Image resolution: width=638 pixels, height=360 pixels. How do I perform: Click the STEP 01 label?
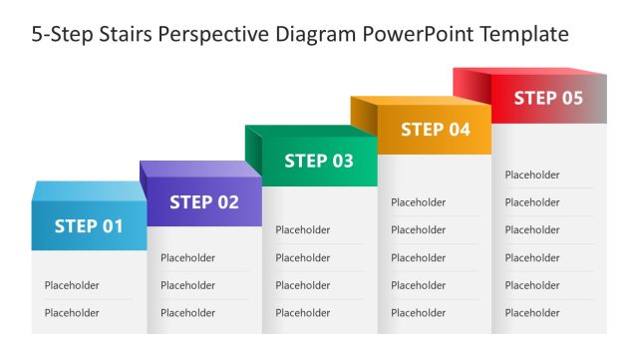click(89, 226)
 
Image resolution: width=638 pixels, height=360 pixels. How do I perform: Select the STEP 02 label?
click(204, 202)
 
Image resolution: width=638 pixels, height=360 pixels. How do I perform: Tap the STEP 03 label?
click(319, 161)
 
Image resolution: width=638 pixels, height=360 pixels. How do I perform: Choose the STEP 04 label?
click(435, 130)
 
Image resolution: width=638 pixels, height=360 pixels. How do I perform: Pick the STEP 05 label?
click(548, 98)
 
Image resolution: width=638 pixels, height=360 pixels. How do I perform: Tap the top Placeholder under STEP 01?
click(72, 285)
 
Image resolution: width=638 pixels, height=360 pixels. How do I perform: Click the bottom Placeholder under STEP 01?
click(72, 313)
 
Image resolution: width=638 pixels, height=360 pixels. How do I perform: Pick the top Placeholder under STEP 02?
click(187, 257)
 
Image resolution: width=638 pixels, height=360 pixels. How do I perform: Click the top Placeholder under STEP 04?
click(419, 202)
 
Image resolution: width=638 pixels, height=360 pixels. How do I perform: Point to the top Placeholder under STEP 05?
click(532, 176)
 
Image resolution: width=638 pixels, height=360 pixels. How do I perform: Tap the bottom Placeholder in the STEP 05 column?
click(532, 313)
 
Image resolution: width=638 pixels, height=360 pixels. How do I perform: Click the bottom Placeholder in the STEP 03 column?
click(303, 313)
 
